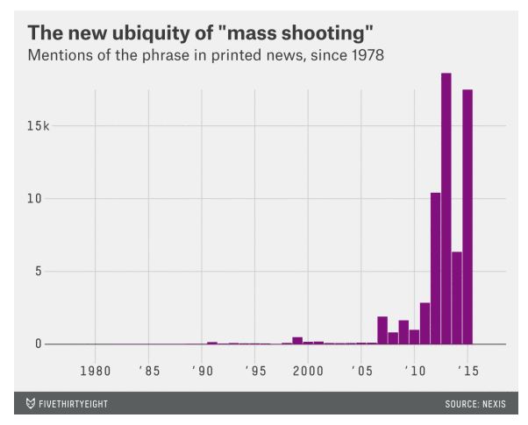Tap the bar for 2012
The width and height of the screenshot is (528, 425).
[x=435, y=268]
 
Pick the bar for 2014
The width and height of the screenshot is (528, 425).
[x=457, y=298]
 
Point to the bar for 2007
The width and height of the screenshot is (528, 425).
[x=382, y=330]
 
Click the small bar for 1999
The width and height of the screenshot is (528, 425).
[x=297, y=340]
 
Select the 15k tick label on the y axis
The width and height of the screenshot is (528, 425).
[x=39, y=125]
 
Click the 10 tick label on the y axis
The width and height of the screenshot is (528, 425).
[x=34, y=198]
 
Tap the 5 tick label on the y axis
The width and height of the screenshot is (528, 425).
[x=38, y=271]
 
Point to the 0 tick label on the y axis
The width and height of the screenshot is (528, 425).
[x=38, y=344]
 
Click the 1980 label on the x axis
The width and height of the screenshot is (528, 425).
[x=95, y=369]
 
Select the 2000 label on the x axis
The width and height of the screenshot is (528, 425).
[x=308, y=369]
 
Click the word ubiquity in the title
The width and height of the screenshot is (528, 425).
[x=147, y=33]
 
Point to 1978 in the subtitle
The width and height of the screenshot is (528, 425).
[x=364, y=56]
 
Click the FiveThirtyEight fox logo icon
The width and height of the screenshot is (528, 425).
[x=31, y=403]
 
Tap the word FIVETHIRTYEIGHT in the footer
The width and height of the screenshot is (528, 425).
[x=74, y=404]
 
